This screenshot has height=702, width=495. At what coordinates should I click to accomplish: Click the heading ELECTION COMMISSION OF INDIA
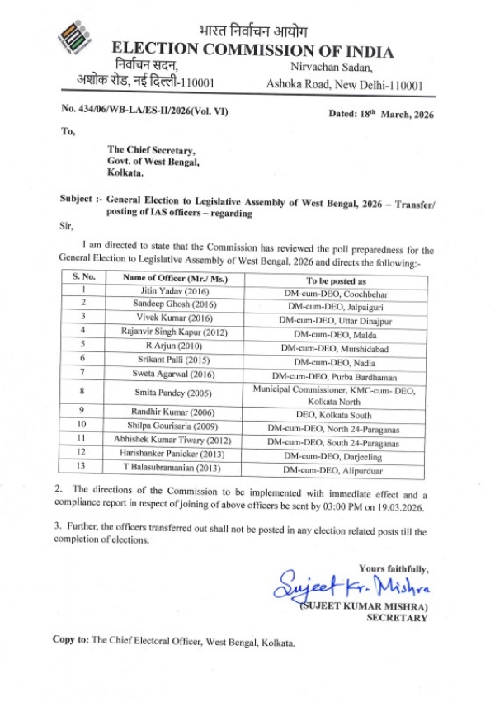coord(252,51)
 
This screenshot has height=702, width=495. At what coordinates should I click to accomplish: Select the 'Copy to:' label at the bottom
coord(70,640)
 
